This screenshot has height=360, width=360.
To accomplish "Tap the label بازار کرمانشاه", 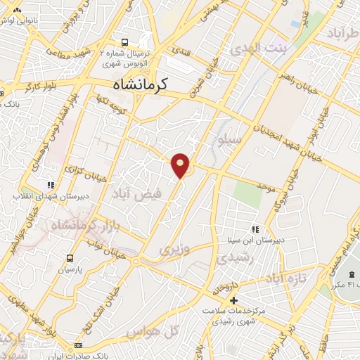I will pyautogui.click(x=74, y=226).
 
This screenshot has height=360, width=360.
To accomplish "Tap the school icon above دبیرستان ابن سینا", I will pyautogui.click(x=255, y=229).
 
